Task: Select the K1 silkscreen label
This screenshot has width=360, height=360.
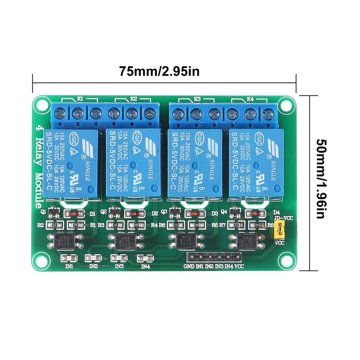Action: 80,98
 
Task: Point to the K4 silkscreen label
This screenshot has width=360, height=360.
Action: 250,98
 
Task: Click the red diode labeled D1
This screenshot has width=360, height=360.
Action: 74,213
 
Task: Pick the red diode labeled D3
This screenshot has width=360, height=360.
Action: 194,213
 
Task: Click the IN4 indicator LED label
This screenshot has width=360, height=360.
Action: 145,266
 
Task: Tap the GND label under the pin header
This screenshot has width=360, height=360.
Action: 189,266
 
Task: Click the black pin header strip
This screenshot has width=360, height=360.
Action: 214,257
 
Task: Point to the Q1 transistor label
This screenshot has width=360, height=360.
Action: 44,210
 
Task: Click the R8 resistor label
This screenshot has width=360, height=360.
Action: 270,225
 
